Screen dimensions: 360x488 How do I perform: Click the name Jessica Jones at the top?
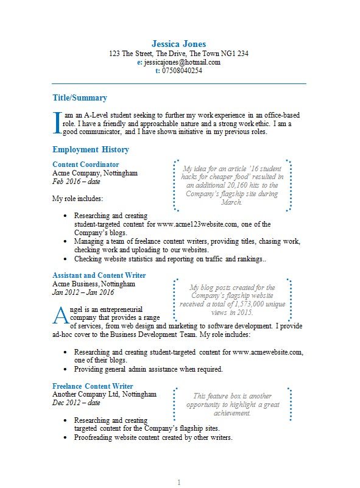[x=178, y=44]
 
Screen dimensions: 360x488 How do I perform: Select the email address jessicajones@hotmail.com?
[x=182, y=62]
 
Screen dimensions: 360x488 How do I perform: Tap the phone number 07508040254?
[x=182, y=71]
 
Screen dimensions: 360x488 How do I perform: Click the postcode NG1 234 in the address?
[x=236, y=54]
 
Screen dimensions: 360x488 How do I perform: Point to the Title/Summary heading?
[x=80, y=98]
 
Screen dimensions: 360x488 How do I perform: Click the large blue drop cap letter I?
[x=58, y=121]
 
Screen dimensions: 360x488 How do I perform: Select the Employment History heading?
[x=91, y=149]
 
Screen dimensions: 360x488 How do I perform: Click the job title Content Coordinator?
[x=86, y=164]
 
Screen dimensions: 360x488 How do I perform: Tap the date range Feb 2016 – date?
[x=76, y=182]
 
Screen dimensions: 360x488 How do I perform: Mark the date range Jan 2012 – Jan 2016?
[x=83, y=292]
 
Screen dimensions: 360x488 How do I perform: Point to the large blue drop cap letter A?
[x=61, y=316]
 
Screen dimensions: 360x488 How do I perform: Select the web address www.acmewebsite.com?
[x=267, y=352]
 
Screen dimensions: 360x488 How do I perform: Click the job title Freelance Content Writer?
[x=93, y=386]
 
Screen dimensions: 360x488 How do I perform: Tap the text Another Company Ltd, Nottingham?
[x=104, y=395]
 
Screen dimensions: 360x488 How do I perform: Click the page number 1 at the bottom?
[x=179, y=483]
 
